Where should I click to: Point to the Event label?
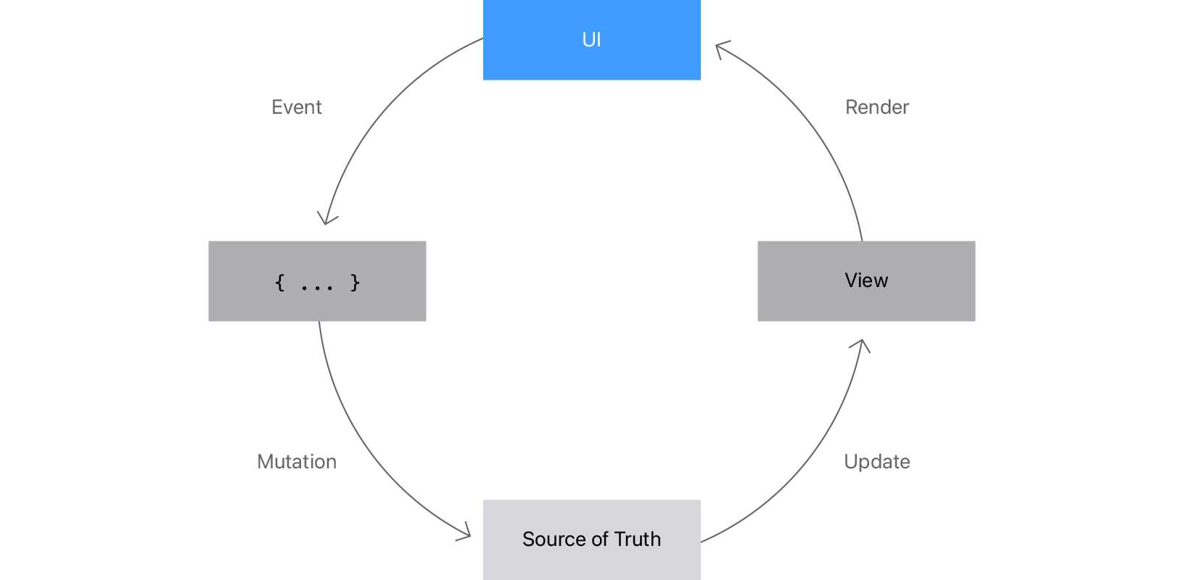297,107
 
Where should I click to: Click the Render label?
877,107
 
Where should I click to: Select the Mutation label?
297,462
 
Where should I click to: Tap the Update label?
877,462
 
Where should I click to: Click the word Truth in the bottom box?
638,539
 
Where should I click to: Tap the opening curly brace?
280,282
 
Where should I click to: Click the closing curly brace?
355,282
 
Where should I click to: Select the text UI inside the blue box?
591,40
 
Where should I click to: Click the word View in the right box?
866,281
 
